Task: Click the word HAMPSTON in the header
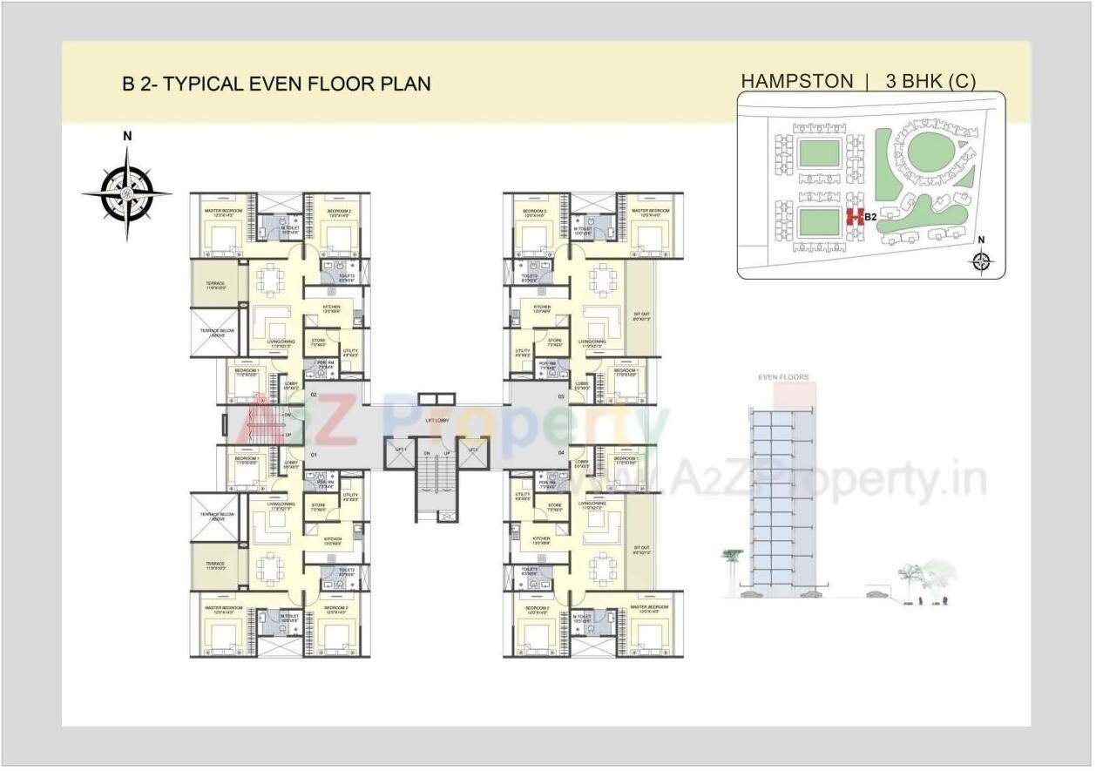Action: pos(796,81)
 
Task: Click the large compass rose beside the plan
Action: pos(127,193)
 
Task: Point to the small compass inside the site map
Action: pos(982,260)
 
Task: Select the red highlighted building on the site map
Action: pos(854,217)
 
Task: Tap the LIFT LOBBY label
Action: pos(437,421)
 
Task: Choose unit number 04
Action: pos(562,454)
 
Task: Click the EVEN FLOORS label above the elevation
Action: pos(782,377)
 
